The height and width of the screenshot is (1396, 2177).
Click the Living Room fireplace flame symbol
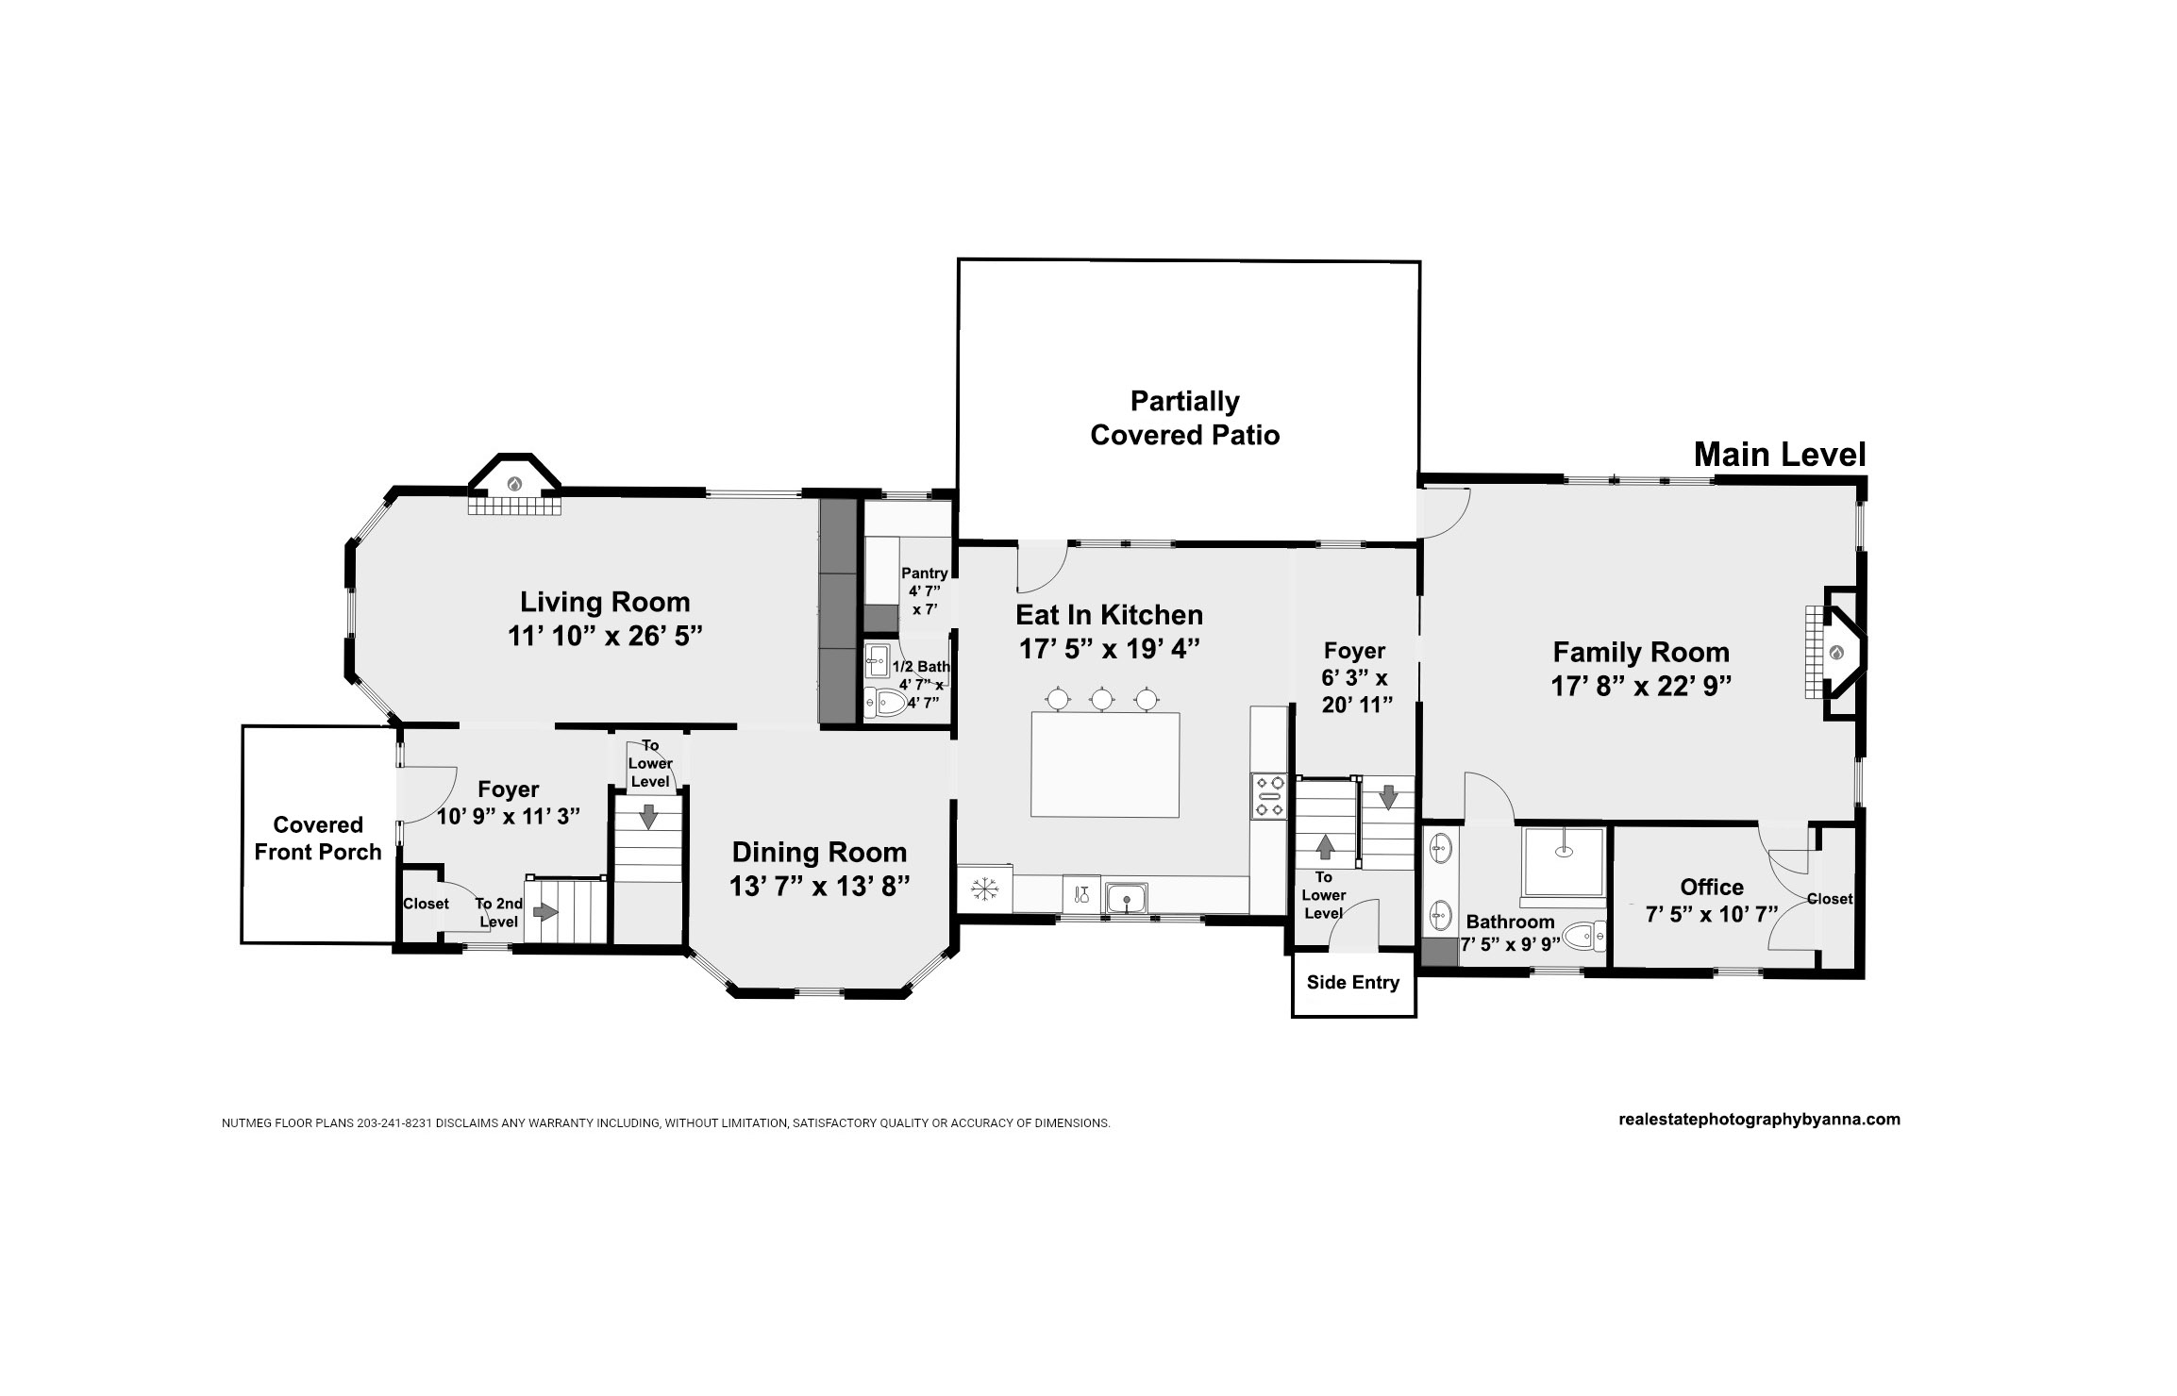[x=515, y=483]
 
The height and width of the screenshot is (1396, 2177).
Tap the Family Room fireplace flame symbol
[x=1835, y=652]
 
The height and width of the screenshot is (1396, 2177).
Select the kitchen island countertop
[x=1105, y=765]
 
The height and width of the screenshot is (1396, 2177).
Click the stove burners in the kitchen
[x=1269, y=795]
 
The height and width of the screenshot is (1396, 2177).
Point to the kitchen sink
[x=1127, y=898]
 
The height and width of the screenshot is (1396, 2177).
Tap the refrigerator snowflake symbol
[x=985, y=889]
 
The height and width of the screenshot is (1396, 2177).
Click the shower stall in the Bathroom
[x=1563, y=861]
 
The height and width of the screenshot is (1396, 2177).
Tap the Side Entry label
[x=1353, y=983]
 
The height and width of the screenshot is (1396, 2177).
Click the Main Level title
[x=1780, y=455]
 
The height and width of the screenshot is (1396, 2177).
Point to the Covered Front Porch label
[x=318, y=839]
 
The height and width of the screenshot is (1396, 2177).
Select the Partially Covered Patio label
[x=1185, y=418]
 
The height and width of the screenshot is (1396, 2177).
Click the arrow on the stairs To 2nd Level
[x=545, y=912]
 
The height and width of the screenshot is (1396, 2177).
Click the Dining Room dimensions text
[x=819, y=887]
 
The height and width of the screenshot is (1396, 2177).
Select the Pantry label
[x=925, y=573]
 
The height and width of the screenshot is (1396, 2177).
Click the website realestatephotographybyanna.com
[x=1759, y=1120]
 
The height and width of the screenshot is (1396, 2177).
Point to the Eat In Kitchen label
[x=1109, y=615]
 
